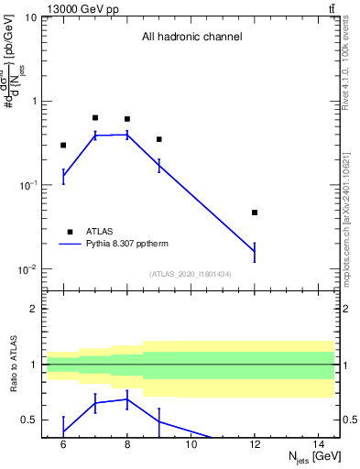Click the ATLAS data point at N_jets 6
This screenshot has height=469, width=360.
click(63, 145)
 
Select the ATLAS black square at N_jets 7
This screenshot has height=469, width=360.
click(95, 117)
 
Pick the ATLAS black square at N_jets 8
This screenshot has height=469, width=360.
click(127, 119)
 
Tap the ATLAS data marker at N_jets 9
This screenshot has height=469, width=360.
click(159, 139)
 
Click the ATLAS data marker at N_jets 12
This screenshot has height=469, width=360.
click(255, 213)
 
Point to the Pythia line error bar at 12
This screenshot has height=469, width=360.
click(255, 252)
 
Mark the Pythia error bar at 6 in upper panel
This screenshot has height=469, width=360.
click(63, 177)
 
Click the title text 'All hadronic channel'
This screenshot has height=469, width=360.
click(191, 38)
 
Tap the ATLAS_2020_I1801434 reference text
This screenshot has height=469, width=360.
click(191, 274)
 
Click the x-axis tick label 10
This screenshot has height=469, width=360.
click(191, 444)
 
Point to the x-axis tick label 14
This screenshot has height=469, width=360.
click(319, 444)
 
